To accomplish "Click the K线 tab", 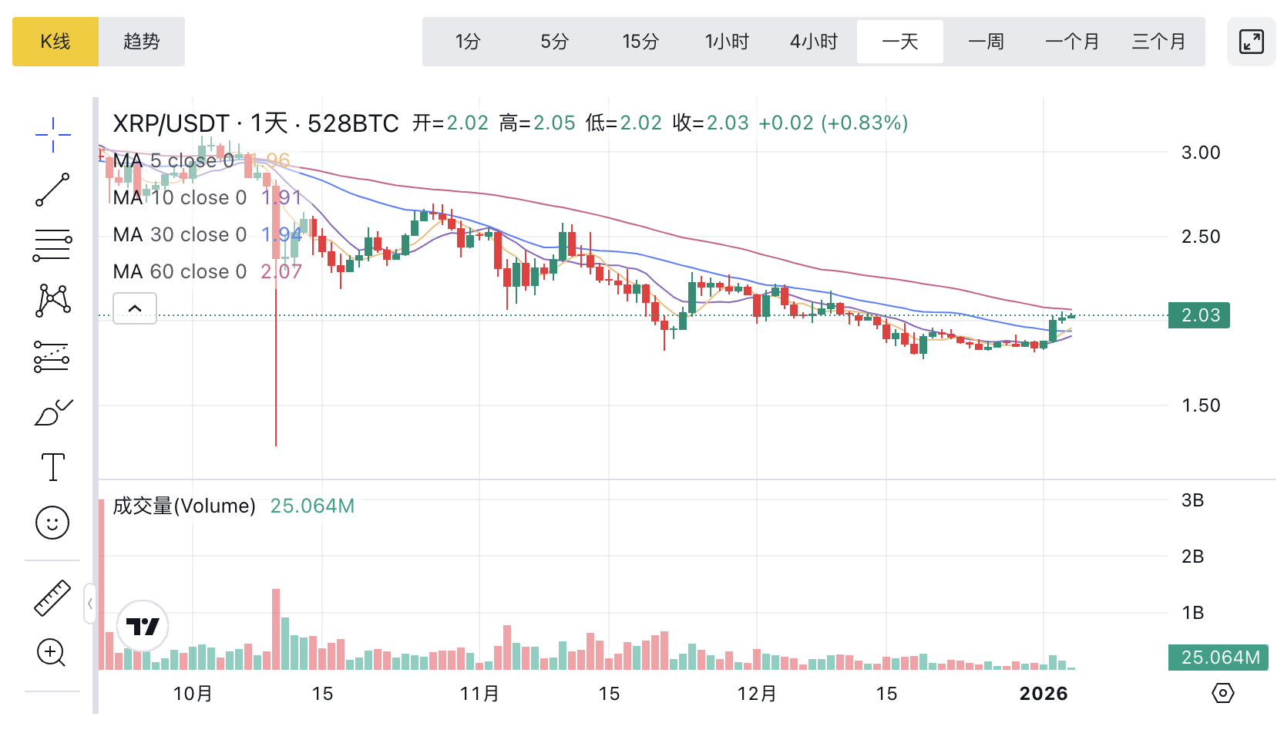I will (x=55, y=42).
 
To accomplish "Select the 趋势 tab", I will (x=142, y=42).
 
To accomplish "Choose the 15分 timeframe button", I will (x=640, y=42).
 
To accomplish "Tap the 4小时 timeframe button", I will (x=814, y=42).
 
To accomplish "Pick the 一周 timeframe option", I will (x=986, y=42).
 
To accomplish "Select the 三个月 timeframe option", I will (x=1158, y=42).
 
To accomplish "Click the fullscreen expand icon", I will (x=1251, y=42).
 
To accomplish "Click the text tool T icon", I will (x=52, y=467).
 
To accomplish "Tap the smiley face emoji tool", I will (x=52, y=523).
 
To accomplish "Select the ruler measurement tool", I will (x=52, y=598).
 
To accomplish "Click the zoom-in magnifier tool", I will (x=52, y=653).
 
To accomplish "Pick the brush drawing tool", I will (x=52, y=413).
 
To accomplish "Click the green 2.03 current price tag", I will (x=1199, y=315).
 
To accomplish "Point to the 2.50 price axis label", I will (x=1201, y=237).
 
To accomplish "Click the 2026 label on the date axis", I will (x=1044, y=694).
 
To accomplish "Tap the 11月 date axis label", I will (x=479, y=694).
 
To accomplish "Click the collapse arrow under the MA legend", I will (x=135, y=308).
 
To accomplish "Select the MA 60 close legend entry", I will (x=180, y=271).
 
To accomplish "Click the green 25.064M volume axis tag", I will (x=1218, y=658).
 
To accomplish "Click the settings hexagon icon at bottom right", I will (x=1222, y=693).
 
